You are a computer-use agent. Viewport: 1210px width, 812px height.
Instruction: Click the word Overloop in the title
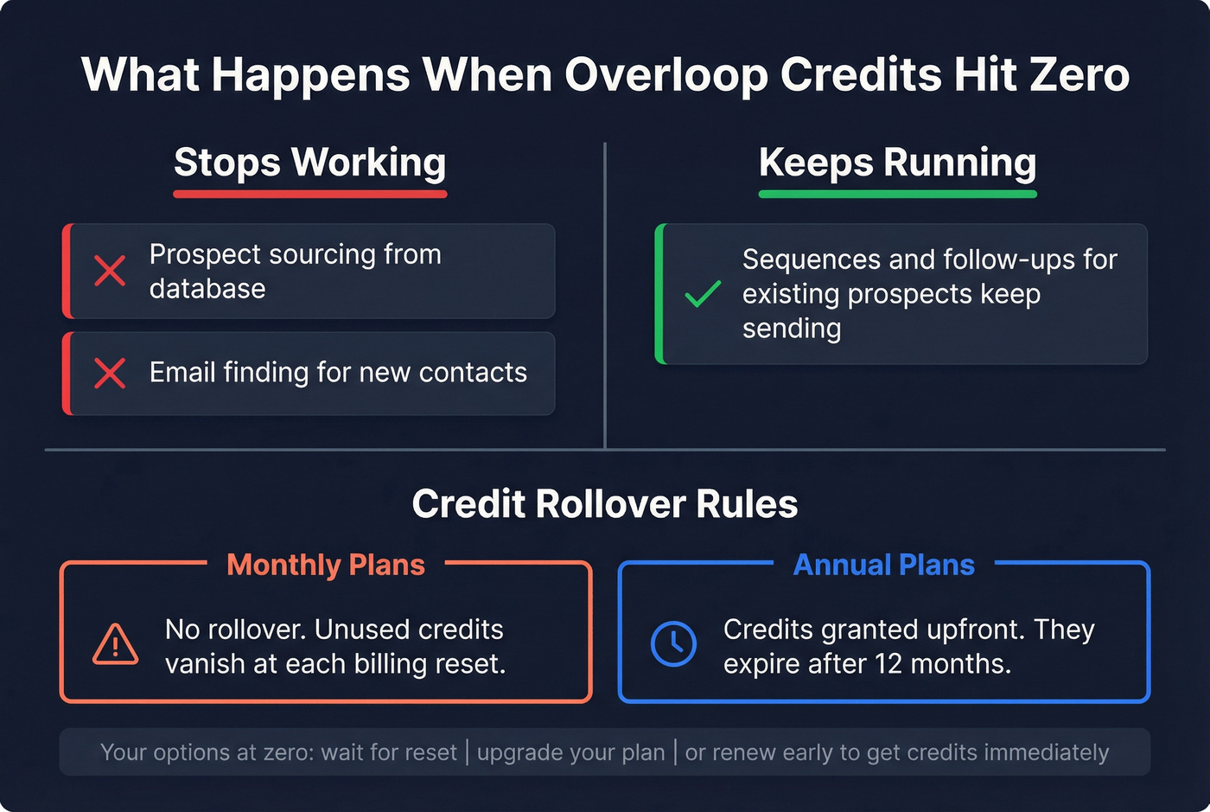(x=665, y=74)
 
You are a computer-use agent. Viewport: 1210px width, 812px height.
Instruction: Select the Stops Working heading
(x=310, y=162)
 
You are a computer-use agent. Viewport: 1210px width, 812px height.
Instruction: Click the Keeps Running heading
(x=897, y=162)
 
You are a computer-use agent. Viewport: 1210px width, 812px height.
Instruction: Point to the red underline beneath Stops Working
(x=310, y=194)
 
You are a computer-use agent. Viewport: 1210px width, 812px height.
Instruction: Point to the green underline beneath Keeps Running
(x=897, y=194)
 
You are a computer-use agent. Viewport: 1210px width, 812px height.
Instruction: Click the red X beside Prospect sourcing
(x=110, y=271)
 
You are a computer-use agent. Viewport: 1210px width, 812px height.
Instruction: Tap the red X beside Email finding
(x=110, y=374)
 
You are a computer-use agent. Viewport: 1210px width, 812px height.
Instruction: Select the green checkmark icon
(x=703, y=294)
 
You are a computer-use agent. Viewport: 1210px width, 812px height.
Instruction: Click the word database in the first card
(x=207, y=289)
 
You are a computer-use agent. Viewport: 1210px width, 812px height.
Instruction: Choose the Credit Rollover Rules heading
(x=605, y=504)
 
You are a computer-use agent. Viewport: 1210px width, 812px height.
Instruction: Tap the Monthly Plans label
(x=326, y=565)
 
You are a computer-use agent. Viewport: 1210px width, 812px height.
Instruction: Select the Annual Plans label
(x=883, y=565)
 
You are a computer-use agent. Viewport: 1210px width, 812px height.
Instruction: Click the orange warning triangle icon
(x=115, y=644)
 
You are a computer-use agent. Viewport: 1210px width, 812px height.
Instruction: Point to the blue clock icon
(x=673, y=643)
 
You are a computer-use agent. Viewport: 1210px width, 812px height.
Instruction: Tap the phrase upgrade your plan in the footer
(x=570, y=752)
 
